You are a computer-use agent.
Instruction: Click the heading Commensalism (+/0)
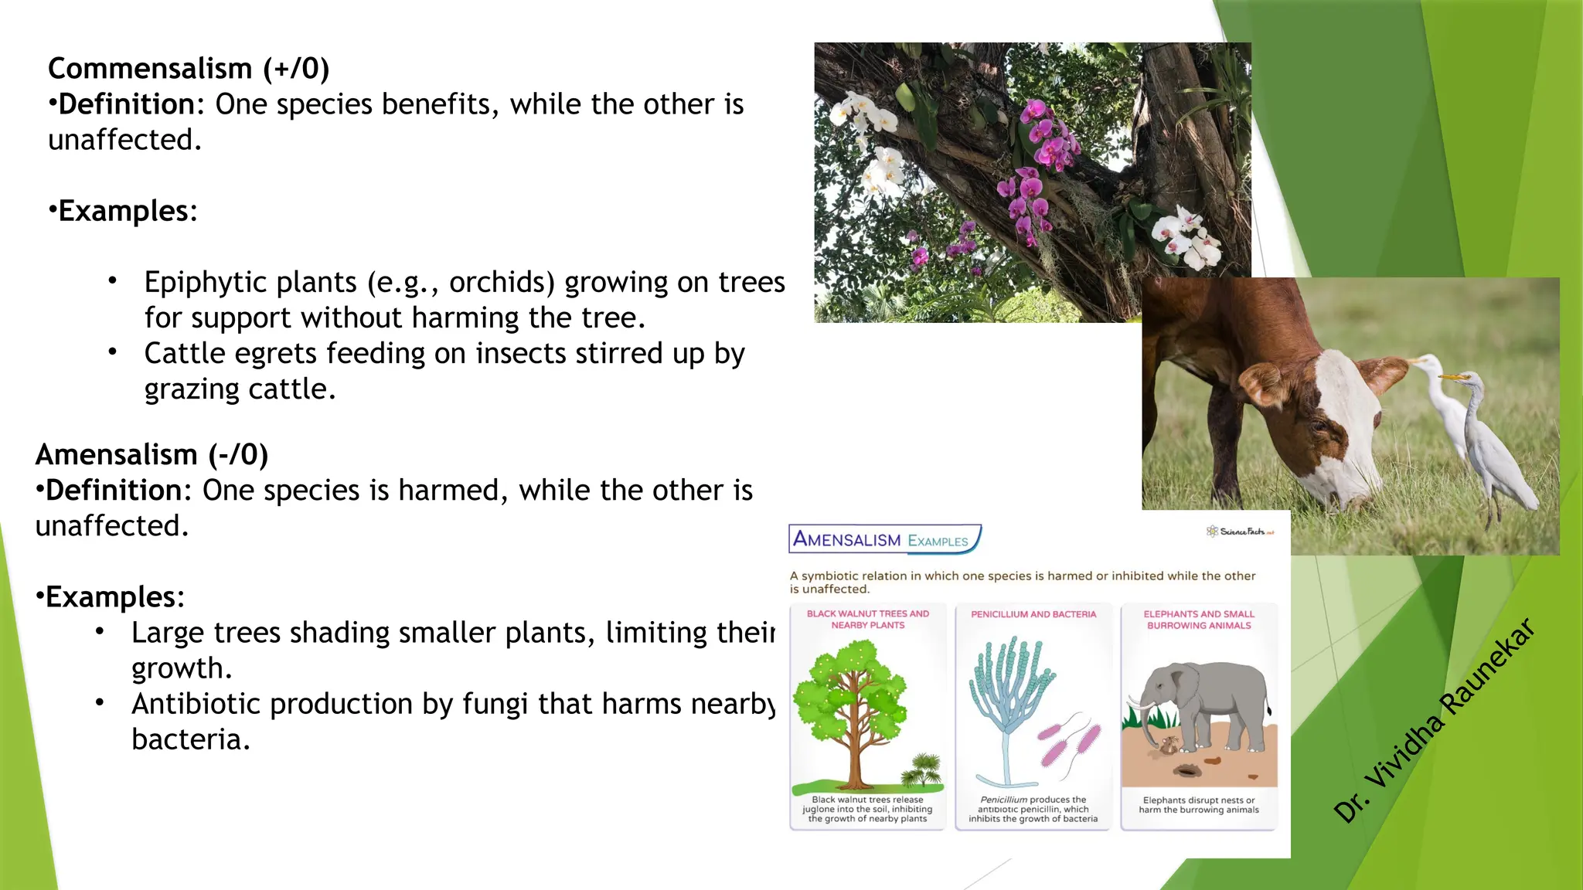pos(189,69)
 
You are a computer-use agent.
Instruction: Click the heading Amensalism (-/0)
pos(151,455)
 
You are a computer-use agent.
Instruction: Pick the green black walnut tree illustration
pos(850,703)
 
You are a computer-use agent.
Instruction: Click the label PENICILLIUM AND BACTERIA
pos(1033,615)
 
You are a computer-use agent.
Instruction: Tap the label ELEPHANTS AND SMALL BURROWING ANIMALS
pos(1199,620)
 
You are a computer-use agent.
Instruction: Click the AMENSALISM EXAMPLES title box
pos(883,539)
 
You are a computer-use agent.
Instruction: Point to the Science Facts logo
pos(1239,532)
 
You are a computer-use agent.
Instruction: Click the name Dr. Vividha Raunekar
pos(1434,720)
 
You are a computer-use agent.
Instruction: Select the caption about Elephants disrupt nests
pos(1199,805)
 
